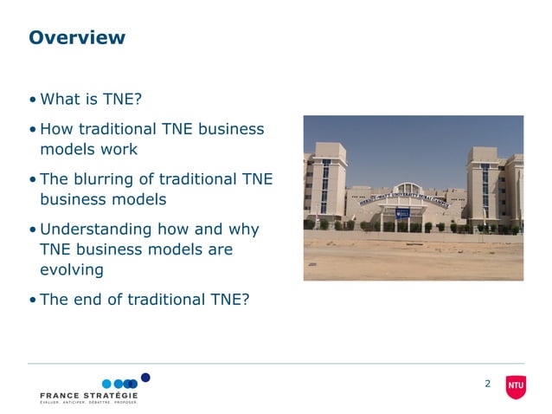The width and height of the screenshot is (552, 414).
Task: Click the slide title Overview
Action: (x=77, y=38)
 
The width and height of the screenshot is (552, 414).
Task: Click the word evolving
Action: (x=72, y=269)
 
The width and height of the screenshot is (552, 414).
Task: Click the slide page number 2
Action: (x=487, y=384)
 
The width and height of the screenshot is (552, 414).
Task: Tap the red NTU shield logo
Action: (x=516, y=385)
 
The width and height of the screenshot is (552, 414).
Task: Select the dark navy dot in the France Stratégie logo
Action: (x=145, y=377)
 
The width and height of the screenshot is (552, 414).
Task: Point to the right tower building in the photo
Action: (x=495, y=187)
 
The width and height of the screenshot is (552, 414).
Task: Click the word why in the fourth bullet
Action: (x=241, y=230)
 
